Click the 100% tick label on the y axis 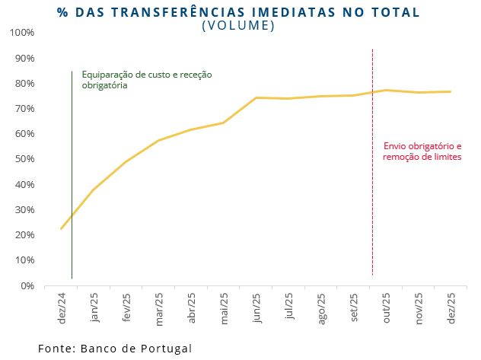[x=22, y=33]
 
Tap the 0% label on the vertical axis [x=27, y=285]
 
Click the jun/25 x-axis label [x=256, y=307]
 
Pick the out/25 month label [x=387, y=307]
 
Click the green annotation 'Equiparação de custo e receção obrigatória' [x=147, y=80]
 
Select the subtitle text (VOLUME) [x=238, y=25]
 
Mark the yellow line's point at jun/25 [x=256, y=97]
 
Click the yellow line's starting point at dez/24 [x=61, y=228]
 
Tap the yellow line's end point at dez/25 [x=451, y=91]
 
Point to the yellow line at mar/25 [x=158, y=140]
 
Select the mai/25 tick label [x=224, y=307]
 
